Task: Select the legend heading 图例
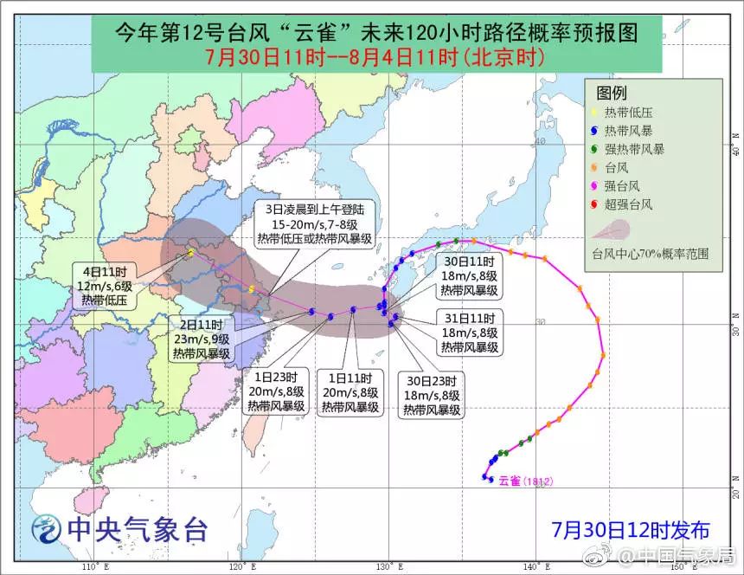(612, 93)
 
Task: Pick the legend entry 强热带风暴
(634, 149)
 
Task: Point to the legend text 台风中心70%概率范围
(650, 254)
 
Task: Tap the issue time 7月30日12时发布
(631, 529)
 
